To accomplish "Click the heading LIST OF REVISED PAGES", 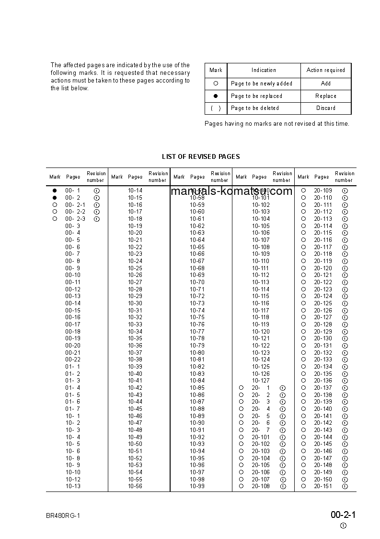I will (x=201, y=156).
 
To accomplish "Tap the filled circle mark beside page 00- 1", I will (x=55, y=191).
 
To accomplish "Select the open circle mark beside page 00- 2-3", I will (x=55, y=219).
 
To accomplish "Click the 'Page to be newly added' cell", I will (x=261, y=84).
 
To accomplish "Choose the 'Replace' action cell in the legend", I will (x=325, y=96).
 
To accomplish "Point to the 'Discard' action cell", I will (x=325, y=108).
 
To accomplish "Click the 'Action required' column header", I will (x=325, y=70).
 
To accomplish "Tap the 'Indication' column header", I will (x=264, y=70).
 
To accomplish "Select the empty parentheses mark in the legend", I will (x=216, y=108).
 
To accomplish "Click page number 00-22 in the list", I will (x=73, y=359).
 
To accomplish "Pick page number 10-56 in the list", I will (x=135, y=486).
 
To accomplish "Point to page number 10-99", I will (x=197, y=486).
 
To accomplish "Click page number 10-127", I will (x=261, y=381).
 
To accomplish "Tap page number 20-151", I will (x=322, y=486).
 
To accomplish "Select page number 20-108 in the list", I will (x=261, y=486).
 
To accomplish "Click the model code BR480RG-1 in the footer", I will (x=63, y=516).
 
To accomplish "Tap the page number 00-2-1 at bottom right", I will (x=343, y=515).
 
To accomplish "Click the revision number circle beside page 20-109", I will (x=345, y=191).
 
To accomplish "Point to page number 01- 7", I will (x=73, y=409).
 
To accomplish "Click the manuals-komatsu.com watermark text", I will (x=231, y=191).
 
